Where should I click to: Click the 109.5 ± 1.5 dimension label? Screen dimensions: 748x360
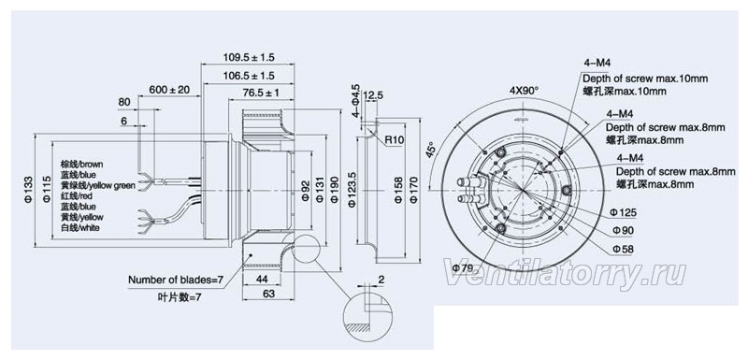pos(249,58)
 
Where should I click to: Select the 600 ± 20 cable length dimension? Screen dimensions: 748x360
pos(169,90)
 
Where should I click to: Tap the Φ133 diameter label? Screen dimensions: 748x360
pos(28,189)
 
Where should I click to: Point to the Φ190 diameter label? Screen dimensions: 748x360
pos(335,189)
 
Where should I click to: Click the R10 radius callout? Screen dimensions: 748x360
pos(395,140)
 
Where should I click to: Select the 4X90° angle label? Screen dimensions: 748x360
pos(524,90)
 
